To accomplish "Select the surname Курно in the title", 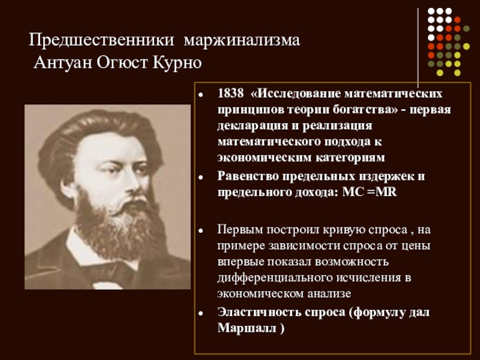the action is [177, 64].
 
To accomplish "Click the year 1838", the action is [231, 94].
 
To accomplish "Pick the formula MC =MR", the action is [370, 192].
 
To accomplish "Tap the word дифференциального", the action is [275, 278].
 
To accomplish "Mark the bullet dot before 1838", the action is [200, 95].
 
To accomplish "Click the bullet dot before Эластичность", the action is [200, 313].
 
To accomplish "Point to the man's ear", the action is [68, 187].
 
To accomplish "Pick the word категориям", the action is [350, 157].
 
